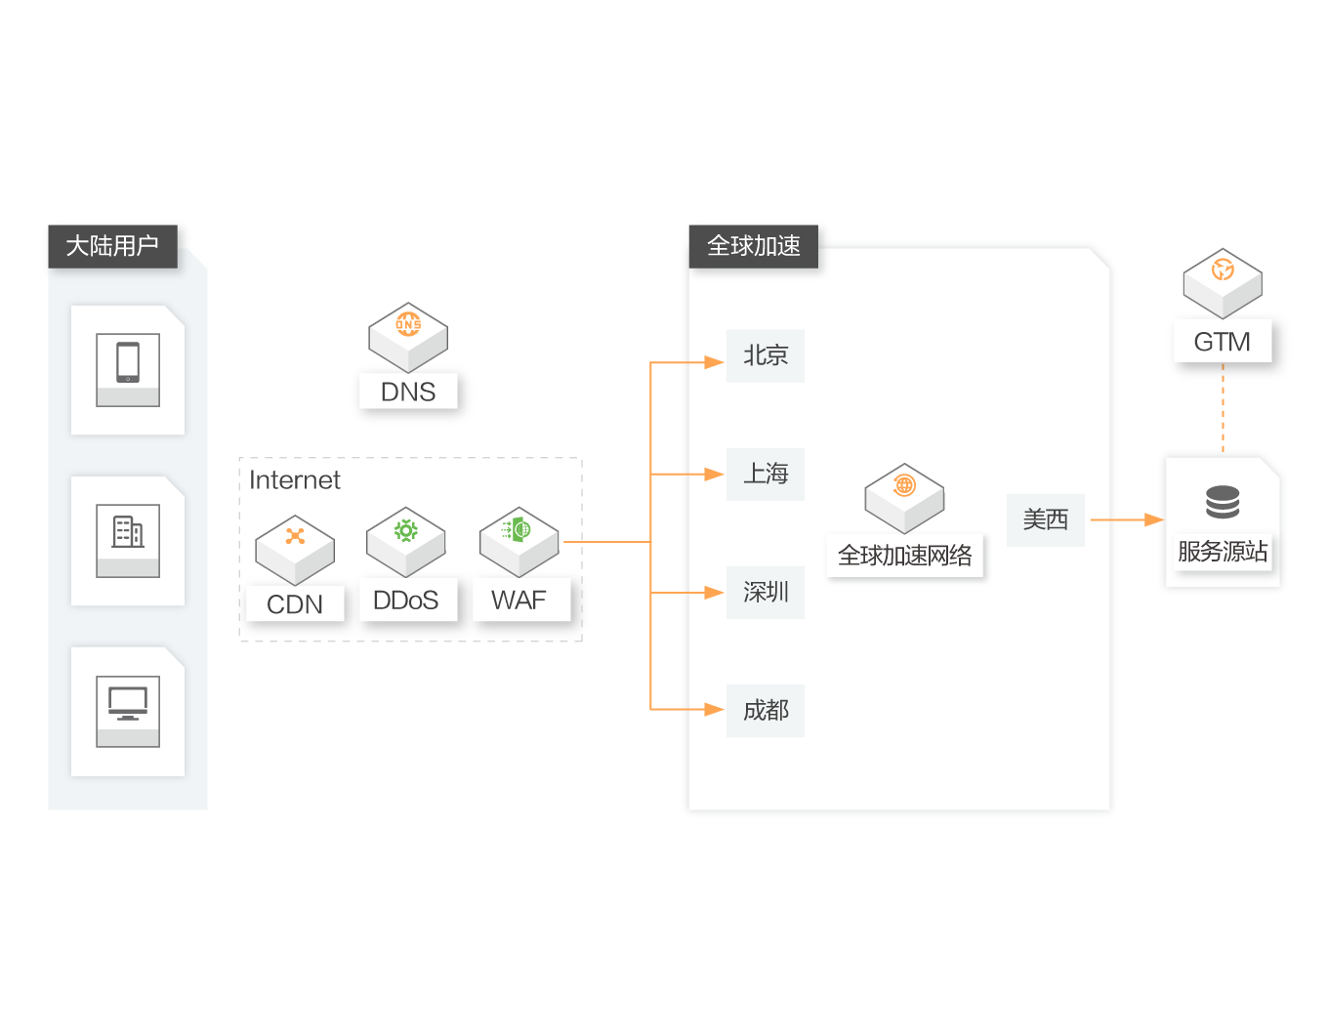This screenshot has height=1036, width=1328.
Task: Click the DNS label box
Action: (408, 392)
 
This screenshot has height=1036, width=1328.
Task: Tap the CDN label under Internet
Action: (295, 604)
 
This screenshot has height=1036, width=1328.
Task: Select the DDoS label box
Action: (406, 601)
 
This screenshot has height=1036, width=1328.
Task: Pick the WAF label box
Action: (519, 601)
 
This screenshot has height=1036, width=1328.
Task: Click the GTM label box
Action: (1222, 342)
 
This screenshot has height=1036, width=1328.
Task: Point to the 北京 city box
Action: (766, 356)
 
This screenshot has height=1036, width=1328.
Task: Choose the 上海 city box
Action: (766, 475)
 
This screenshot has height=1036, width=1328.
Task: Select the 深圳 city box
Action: (766, 593)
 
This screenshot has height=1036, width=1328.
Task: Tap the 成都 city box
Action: (766, 711)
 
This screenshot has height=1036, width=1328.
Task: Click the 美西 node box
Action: (1045, 520)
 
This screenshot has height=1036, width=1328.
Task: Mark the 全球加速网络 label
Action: (905, 556)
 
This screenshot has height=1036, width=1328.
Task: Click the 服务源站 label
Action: (1223, 552)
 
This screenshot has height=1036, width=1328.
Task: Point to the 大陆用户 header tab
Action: (112, 245)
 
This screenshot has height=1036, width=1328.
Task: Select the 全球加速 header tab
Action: (754, 245)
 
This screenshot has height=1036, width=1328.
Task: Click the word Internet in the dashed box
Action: (295, 480)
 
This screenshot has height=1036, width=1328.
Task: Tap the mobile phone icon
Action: (128, 362)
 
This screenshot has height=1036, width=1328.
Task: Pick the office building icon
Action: (128, 532)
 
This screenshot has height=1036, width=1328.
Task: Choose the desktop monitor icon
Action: (128, 703)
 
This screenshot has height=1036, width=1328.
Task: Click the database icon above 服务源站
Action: (1223, 503)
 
